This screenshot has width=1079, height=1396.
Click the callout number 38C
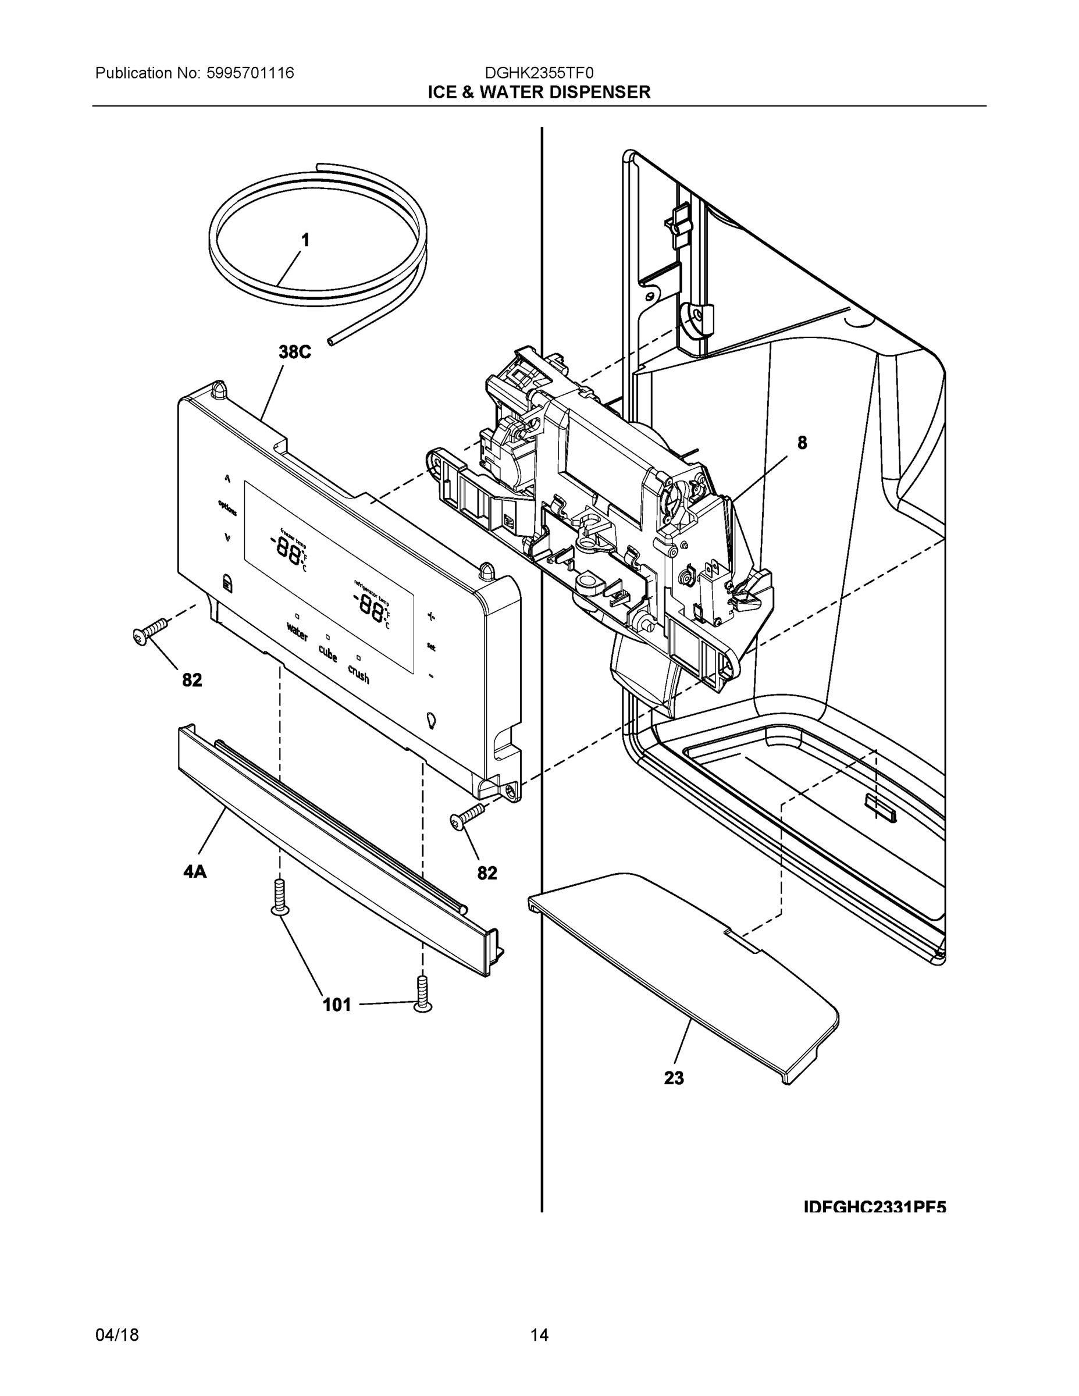[294, 351]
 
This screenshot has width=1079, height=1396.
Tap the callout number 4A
[195, 871]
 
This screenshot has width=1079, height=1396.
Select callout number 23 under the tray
[674, 1078]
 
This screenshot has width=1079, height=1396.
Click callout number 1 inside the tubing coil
[305, 240]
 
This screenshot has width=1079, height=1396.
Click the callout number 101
[337, 1005]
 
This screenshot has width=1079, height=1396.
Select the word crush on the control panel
[359, 674]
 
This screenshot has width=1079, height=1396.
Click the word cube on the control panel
[328, 653]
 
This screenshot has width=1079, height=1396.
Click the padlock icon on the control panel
[227, 582]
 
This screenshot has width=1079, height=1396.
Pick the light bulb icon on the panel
[432, 720]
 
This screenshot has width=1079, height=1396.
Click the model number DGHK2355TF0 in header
[539, 73]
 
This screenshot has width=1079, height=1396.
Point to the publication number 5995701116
[250, 73]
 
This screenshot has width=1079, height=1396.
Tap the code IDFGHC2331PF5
[874, 1207]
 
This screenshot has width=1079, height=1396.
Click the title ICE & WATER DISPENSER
[539, 92]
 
